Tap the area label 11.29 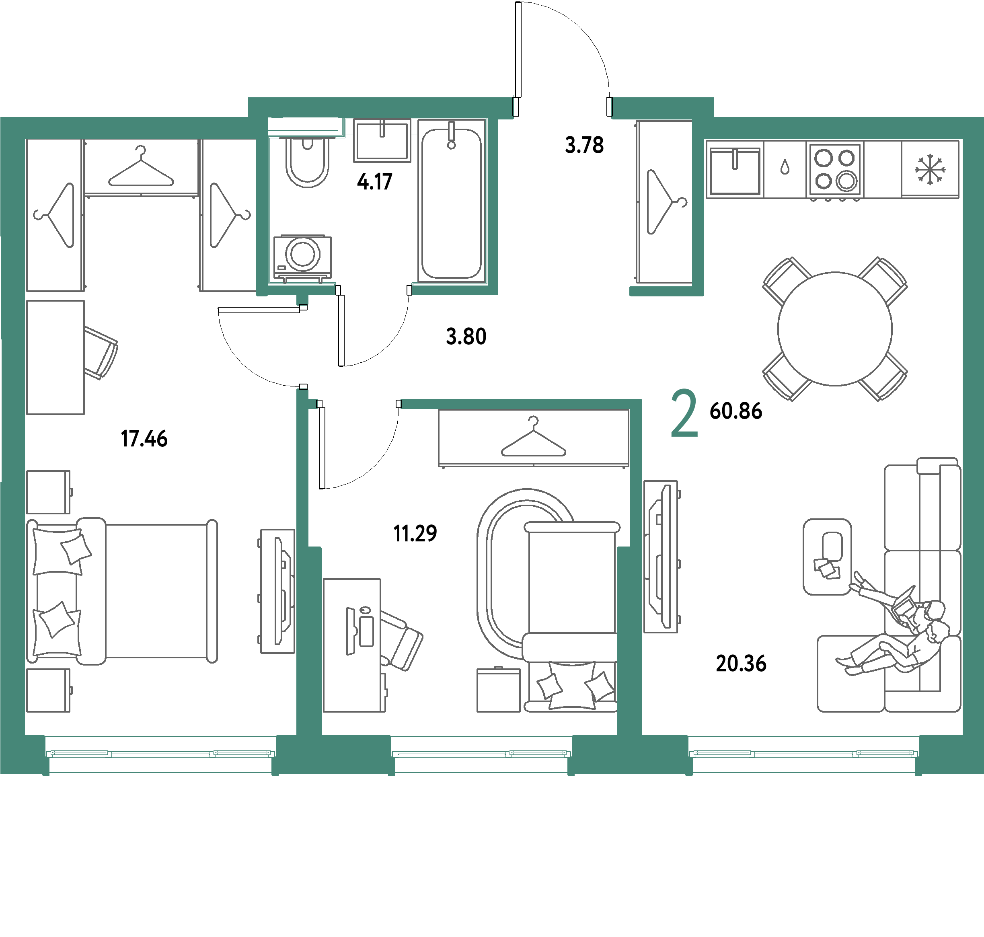[415, 533]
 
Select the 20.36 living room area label [741, 663]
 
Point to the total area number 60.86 [736, 411]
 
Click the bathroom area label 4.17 [375, 182]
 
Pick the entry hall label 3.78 [584, 145]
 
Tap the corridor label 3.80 [466, 337]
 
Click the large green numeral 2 [684, 413]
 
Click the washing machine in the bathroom [302, 257]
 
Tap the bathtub [452, 200]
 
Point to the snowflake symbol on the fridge [930, 169]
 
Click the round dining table [835, 329]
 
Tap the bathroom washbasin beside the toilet [382, 140]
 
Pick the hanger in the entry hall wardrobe [667, 202]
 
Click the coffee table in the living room [827, 557]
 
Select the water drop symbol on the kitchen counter [785, 167]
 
